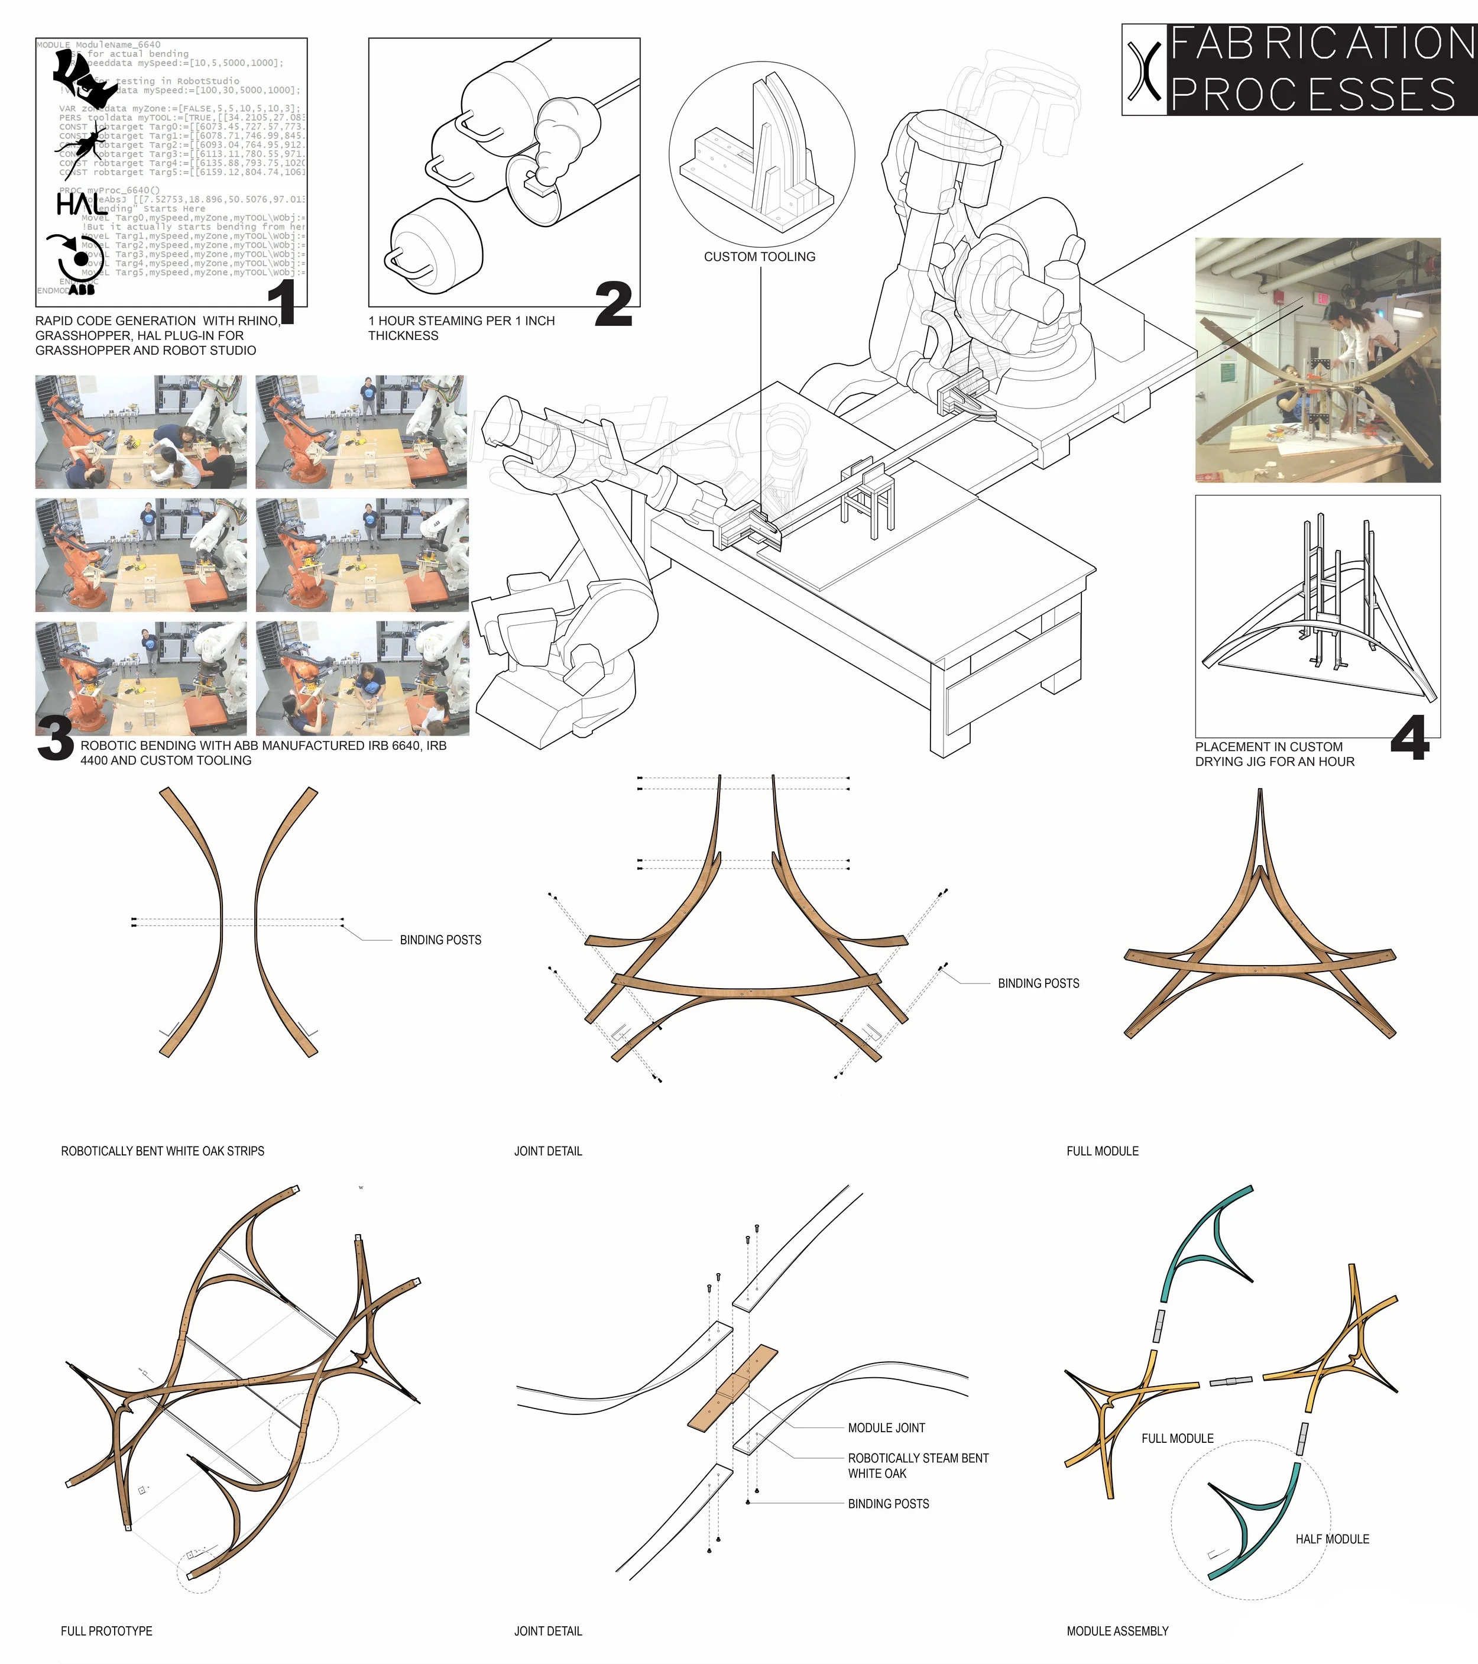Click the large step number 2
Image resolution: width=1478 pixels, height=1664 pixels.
point(613,305)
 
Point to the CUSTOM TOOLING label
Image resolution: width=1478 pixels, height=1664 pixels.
point(759,257)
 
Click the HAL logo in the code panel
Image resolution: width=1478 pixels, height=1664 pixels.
point(79,203)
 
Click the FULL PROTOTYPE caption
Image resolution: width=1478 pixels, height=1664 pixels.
point(106,1631)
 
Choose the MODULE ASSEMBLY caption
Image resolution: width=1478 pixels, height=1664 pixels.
point(1117,1631)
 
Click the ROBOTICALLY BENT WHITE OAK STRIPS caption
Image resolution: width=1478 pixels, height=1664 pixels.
point(163,1151)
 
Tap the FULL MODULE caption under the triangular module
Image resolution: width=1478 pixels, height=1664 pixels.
point(1102,1151)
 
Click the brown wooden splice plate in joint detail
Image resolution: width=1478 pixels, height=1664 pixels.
point(732,1388)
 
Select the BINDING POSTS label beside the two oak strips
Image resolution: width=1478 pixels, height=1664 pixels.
point(440,940)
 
